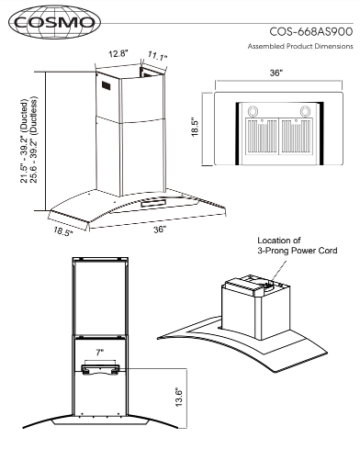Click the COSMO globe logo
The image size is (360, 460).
click(x=54, y=22)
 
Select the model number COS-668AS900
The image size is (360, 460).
click(x=311, y=31)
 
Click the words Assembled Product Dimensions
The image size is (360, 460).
click(x=300, y=46)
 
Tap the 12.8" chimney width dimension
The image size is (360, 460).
click(x=118, y=54)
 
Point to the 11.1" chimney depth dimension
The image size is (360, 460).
click(x=158, y=56)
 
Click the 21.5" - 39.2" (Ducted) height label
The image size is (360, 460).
click(x=24, y=141)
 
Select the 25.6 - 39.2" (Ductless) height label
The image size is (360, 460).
click(x=34, y=140)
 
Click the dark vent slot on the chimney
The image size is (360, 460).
click(x=106, y=85)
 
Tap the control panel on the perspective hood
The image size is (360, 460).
click(x=153, y=203)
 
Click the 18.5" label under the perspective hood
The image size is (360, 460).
click(x=63, y=231)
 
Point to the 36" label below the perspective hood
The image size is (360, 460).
click(x=160, y=230)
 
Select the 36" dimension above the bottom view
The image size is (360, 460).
click(x=276, y=73)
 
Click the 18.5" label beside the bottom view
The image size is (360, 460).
click(x=196, y=127)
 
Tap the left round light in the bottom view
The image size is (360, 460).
click(x=253, y=111)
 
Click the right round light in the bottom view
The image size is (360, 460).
click(x=305, y=111)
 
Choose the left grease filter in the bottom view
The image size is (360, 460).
click(x=261, y=136)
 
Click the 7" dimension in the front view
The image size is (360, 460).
click(x=100, y=353)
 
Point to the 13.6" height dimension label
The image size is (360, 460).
click(x=179, y=398)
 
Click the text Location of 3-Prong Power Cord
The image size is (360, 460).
click(x=297, y=245)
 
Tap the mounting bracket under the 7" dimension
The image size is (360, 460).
click(x=100, y=369)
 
